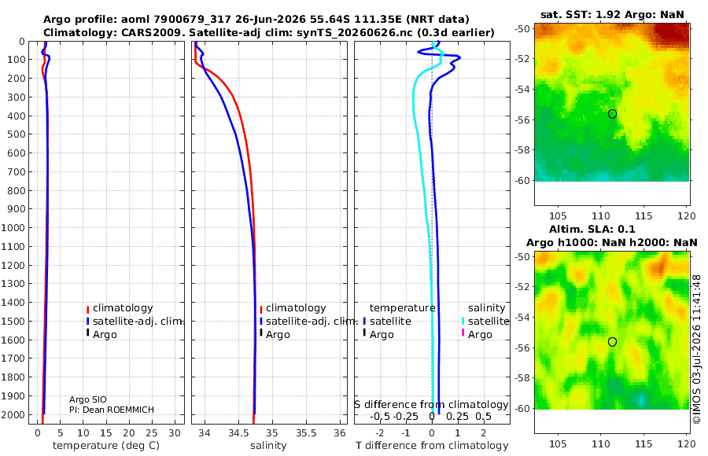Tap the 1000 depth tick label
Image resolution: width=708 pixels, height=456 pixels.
pos(13,227)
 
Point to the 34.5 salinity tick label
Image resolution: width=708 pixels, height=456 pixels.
pos(238,433)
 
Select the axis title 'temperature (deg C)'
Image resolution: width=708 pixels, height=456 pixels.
pos(106,446)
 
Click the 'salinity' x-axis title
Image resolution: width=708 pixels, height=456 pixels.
pos(268,446)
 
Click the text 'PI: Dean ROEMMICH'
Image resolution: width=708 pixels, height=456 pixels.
pos(112,410)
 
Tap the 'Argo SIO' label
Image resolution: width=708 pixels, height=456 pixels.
pos(88,399)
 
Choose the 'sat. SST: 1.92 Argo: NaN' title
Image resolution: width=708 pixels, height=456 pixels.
pos(612,14)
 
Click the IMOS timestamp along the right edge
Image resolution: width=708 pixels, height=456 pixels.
pos(697,349)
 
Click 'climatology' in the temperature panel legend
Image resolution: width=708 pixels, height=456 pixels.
pos(123,308)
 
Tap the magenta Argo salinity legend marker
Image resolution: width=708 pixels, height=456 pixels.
pos(463,333)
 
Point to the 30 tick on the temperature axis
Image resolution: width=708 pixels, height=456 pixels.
pos(175,433)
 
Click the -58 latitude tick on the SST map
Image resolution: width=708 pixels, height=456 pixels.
pos(522,150)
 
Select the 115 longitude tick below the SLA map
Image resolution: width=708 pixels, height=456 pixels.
pos(643,443)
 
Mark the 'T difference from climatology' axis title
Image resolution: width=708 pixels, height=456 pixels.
pos(432,446)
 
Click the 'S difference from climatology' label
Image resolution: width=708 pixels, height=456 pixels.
pos(432,405)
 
